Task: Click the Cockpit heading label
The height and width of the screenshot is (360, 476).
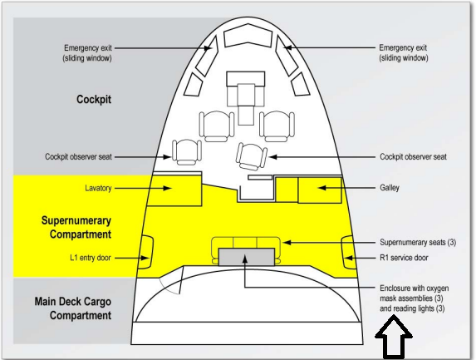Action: (94, 99)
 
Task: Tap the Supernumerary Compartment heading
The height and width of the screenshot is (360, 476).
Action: (76, 228)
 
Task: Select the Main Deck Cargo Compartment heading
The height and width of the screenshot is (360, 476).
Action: (73, 308)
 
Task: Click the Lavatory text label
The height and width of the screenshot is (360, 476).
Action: (98, 188)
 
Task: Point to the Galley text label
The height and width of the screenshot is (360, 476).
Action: (390, 187)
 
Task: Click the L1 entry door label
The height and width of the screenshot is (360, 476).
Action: (91, 258)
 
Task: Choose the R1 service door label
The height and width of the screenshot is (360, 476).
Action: (404, 258)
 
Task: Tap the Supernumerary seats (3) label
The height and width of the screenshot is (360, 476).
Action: (418, 242)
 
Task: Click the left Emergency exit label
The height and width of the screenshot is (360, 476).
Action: (87, 53)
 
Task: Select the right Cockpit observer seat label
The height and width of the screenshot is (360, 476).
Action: (413, 157)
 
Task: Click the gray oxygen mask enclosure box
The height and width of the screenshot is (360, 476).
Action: (247, 257)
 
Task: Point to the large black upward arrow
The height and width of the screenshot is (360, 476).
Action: (394, 337)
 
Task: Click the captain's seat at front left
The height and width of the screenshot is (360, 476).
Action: (217, 126)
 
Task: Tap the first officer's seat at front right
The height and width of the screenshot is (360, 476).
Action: (277, 126)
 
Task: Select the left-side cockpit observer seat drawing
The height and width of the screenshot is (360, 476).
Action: (186, 152)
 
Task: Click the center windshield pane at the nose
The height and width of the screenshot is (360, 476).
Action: (248, 36)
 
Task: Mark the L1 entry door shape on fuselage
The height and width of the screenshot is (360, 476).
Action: (146, 252)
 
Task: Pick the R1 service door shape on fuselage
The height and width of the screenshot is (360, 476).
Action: (348, 252)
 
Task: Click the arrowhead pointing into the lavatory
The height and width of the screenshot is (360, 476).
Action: (167, 188)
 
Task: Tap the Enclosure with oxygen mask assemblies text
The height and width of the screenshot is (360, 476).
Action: (414, 298)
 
